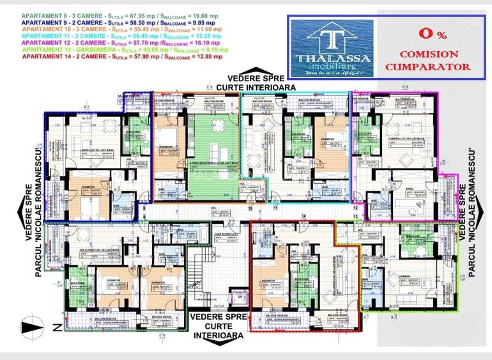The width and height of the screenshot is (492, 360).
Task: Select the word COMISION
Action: click(428, 54)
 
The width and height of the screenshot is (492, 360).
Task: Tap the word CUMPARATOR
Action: click(428, 67)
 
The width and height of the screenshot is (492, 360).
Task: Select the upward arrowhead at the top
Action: click(254, 72)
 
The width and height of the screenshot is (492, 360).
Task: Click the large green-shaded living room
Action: click(214, 153)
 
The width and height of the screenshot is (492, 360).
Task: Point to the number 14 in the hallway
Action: click(304, 215)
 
